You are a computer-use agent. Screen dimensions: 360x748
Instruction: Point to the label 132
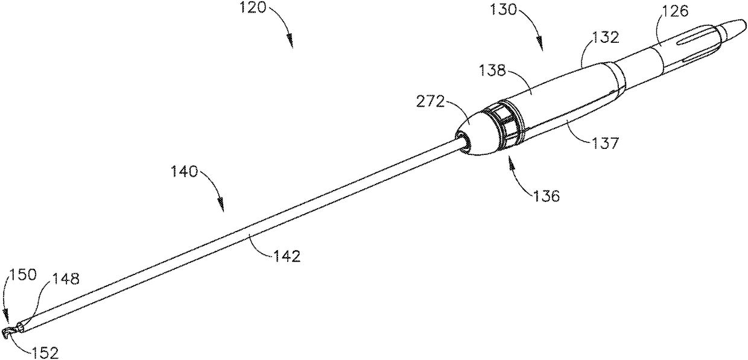click(x=605, y=38)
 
